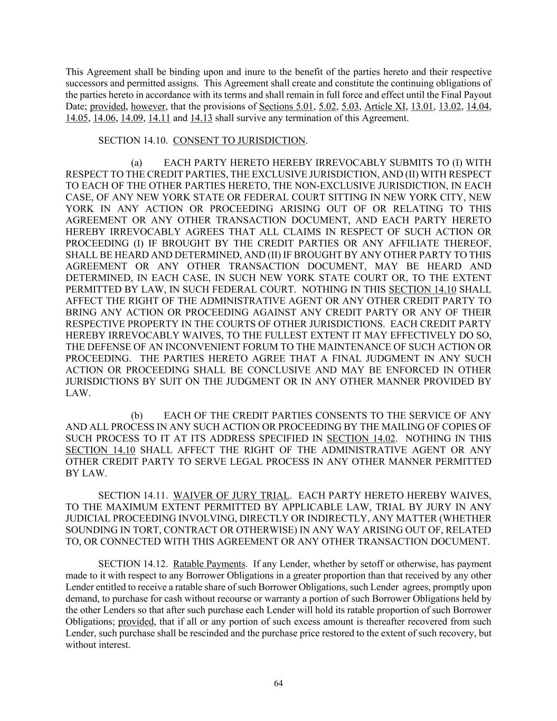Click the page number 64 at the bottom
pyautogui.click(x=279, y=683)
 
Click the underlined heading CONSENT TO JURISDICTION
pyautogui.click(x=239, y=141)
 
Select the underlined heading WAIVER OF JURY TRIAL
pyautogui.click(x=231, y=495)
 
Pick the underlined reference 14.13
pyautogui.click(x=201, y=118)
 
